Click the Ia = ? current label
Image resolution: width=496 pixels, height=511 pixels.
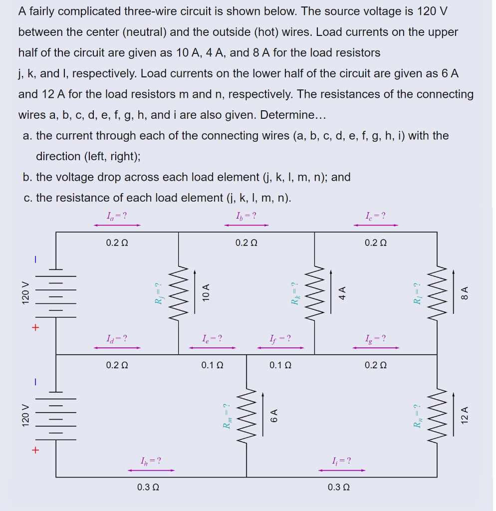tap(117, 216)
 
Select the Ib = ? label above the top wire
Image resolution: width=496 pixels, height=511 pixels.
tap(246, 216)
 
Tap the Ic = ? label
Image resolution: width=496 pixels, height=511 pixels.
tap(375, 216)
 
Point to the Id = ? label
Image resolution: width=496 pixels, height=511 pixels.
tap(117, 339)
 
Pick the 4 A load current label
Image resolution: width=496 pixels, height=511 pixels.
tap(342, 293)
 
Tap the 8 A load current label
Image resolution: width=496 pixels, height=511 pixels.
tap(465, 293)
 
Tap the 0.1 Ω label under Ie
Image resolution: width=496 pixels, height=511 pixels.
tap(212, 365)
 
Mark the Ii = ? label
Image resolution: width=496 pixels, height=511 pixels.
tap(341, 461)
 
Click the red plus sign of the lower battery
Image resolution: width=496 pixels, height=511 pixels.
tap(35, 450)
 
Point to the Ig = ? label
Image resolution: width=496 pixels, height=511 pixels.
tap(375, 339)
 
